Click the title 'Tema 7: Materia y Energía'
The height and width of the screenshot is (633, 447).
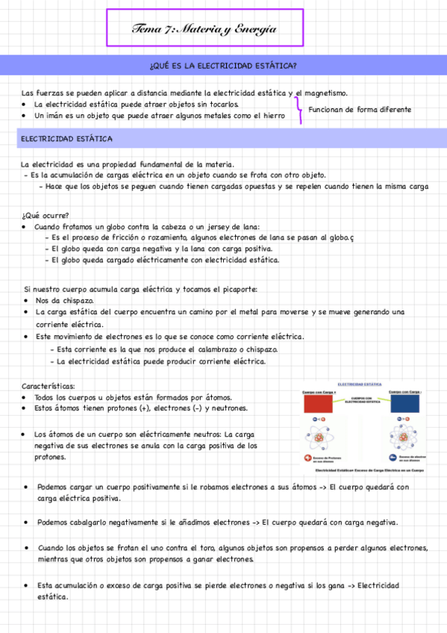(x=204, y=29)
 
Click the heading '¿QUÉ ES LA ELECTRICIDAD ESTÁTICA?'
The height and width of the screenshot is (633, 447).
(x=223, y=66)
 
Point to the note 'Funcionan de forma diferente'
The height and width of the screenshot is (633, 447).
(x=360, y=110)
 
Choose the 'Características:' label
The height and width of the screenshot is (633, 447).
(x=49, y=386)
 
